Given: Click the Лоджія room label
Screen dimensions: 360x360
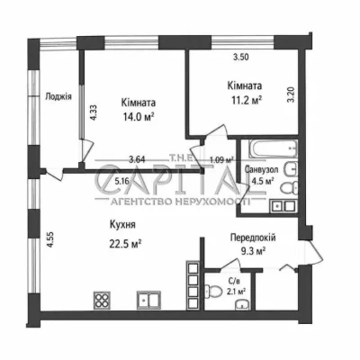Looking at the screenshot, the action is point(58,97).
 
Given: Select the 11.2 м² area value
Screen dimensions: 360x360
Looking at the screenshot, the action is point(245,100).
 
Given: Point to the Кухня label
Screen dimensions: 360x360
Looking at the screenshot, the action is point(122,224).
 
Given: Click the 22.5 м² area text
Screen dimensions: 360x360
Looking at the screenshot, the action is point(126,244).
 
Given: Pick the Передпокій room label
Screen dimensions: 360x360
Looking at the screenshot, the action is point(253,238).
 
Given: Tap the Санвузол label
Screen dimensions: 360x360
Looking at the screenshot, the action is point(261,169).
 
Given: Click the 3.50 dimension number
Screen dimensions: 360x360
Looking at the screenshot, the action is point(241,57).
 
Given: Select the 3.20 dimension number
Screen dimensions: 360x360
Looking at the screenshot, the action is point(292,94).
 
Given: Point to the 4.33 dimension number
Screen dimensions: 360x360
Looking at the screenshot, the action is point(94,112).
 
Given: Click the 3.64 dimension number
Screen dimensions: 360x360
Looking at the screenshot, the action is point(137,159).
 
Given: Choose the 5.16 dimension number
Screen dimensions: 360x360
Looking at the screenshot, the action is point(121,181).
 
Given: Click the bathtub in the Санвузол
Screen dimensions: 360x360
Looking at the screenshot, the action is point(274,148).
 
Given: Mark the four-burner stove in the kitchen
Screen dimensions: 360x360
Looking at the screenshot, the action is point(102,301).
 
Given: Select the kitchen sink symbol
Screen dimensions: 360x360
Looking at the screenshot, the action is point(148,301).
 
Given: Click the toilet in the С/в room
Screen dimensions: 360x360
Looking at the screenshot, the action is point(212,291).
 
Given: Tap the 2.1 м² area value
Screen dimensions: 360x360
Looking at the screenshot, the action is point(238,291).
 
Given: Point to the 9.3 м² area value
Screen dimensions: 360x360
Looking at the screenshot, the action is point(253,251).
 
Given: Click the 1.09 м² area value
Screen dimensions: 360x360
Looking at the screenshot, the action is point(221,160).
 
